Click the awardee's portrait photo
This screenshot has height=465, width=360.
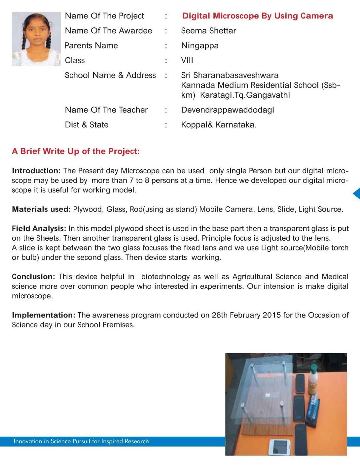tap(36, 39)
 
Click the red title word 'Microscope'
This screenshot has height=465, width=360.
tap(236, 16)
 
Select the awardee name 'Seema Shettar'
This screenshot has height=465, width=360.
tap(208, 31)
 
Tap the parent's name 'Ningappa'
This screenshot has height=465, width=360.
tap(200, 46)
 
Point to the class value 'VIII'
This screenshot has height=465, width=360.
tap(187, 60)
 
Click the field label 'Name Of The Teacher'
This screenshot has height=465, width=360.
tap(106, 110)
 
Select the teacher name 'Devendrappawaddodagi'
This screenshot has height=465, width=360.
tap(228, 110)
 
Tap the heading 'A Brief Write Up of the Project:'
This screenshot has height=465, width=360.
tap(76, 151)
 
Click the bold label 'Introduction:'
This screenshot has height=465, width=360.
tap(36, 171)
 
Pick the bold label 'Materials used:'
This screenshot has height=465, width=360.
tap(41, 209)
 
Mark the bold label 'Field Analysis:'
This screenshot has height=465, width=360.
tap(39, 229)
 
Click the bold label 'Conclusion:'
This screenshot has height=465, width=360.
tap(33, 277)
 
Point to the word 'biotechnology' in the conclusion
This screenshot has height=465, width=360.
tap(165, 277)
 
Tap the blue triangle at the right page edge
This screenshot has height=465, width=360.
tap(356, 193)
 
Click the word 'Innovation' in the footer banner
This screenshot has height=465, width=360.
tap(28, 441)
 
